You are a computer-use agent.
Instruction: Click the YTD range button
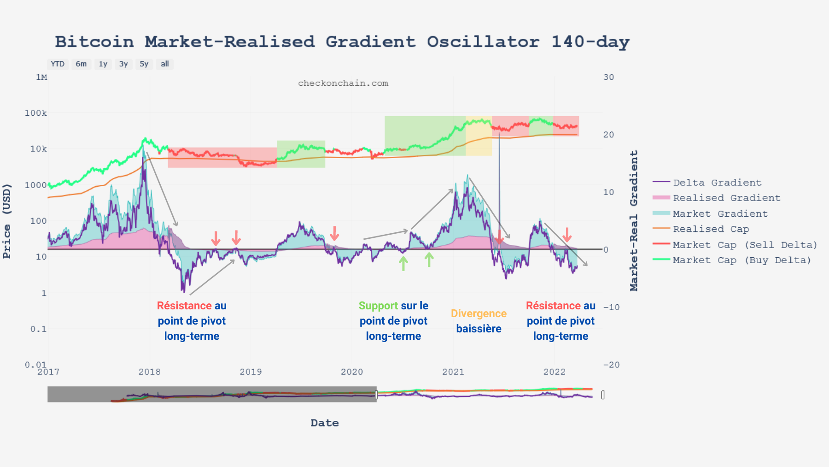[58, 64]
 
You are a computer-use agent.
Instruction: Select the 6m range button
[81, 64]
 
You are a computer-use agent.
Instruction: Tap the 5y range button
[144, 64]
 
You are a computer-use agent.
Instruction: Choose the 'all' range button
[164, 64]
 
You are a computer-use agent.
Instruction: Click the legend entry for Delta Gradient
[717, 183]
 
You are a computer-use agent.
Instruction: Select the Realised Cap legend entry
[711, 229]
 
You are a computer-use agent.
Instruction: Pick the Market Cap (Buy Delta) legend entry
[741, 260]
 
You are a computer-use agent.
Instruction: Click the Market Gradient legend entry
[720, 214]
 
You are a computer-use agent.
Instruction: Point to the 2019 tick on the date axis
[251, 372]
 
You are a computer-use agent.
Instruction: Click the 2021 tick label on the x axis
[453, 372]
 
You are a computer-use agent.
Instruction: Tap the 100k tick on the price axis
[35, 113]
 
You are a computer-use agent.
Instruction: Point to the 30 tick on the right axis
[608, 77]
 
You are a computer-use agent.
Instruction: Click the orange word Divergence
[479, 313]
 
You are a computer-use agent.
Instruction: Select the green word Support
[378, 306]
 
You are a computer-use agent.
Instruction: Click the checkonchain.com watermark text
[343, 83]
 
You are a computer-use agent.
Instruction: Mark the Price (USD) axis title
[7, 221]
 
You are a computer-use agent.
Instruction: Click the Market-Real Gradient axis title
[634, 220]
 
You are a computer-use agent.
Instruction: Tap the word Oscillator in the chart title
[483, 42]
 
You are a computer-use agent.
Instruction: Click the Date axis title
[325, 423]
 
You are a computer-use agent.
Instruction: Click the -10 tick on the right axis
[611, 307]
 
